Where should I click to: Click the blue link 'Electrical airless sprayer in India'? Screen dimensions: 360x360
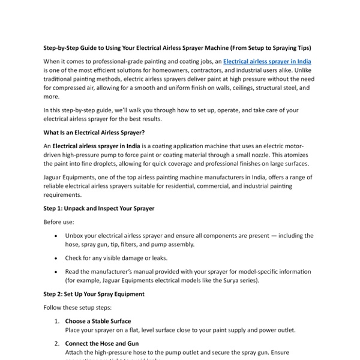267,61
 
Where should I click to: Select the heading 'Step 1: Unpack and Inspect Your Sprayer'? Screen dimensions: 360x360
99,208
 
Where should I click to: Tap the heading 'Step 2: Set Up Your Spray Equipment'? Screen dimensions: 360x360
94,295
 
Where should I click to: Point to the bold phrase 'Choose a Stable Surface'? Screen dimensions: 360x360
98,322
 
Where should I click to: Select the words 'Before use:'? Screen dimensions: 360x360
58,221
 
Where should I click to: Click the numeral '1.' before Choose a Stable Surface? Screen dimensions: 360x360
57,322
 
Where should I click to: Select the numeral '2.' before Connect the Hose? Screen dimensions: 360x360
57,344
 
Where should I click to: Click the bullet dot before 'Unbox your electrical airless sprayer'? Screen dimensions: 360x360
56,236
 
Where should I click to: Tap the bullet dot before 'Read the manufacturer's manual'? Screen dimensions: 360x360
56,271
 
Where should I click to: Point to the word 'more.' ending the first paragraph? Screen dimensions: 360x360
52,96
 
